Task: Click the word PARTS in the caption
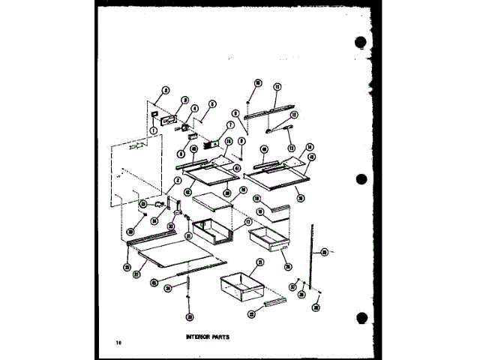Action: point(219,337)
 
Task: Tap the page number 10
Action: point(118,343)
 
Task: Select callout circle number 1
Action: point(152,130)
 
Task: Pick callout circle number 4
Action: point(193,109)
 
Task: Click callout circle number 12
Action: point(295,114)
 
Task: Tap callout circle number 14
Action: point(309,148)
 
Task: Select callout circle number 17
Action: point(247,223)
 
